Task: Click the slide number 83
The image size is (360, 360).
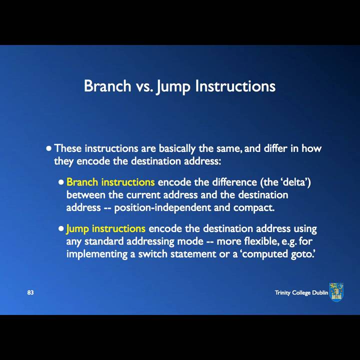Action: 30,292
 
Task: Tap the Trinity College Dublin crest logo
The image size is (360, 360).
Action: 336,292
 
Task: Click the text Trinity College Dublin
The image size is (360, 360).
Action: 301,292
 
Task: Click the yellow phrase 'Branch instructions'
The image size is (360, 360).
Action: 110,182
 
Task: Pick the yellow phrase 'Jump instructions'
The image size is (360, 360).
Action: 105,228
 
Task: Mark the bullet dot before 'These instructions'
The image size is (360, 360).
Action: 48,148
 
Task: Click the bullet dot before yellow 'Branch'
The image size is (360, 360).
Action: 61,182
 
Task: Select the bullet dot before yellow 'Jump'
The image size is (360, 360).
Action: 61,228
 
